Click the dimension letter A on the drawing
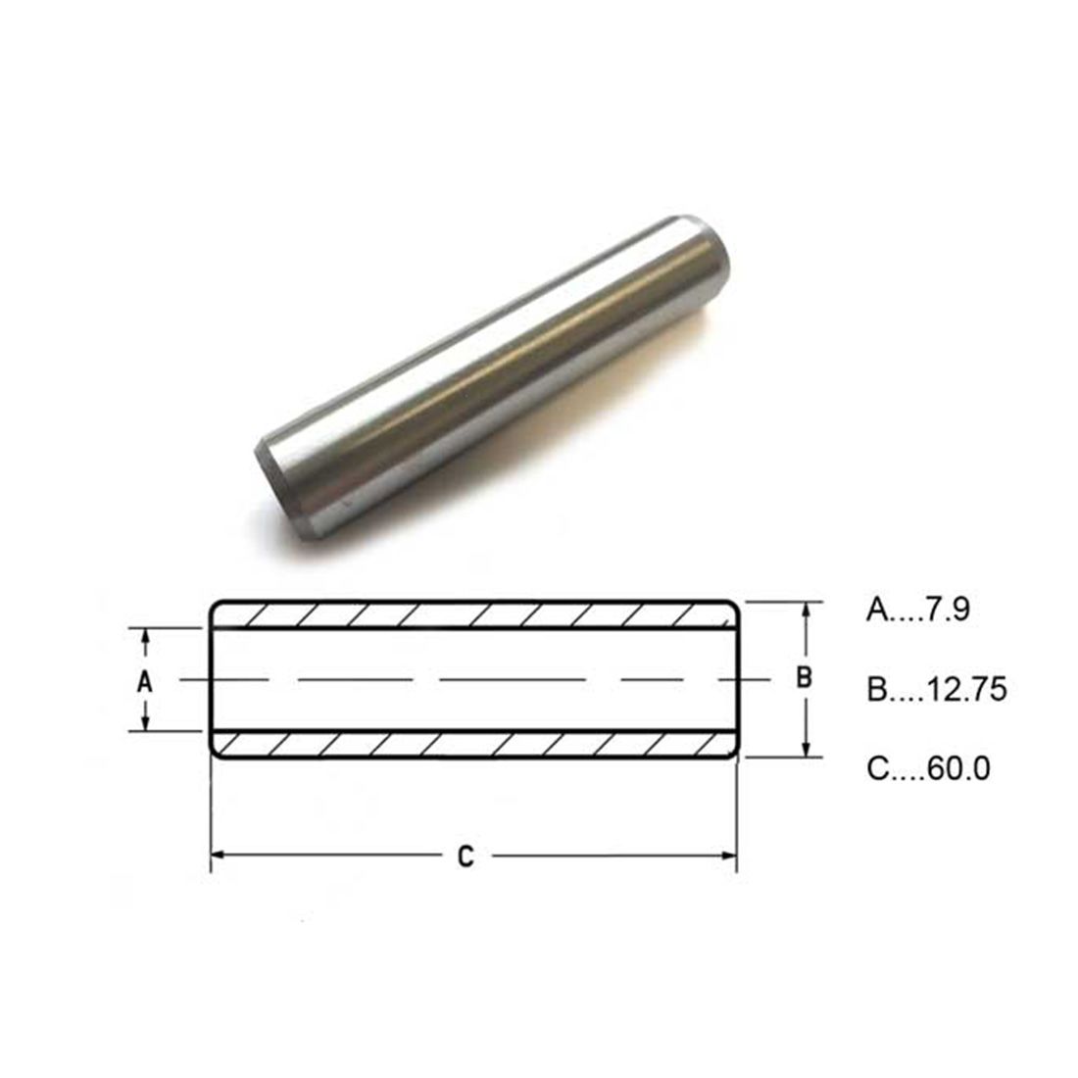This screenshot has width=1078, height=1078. tap(144, 682)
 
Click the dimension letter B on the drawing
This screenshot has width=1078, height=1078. tap(804, 678)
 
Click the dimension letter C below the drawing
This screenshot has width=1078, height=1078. tap(465, 857)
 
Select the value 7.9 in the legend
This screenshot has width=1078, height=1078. tap(948, 610)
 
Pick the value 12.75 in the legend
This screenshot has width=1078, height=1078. tap(966, 689)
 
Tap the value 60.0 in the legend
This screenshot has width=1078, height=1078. tap(959, 768)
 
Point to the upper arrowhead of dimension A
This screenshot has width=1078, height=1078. tap(145, 640)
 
